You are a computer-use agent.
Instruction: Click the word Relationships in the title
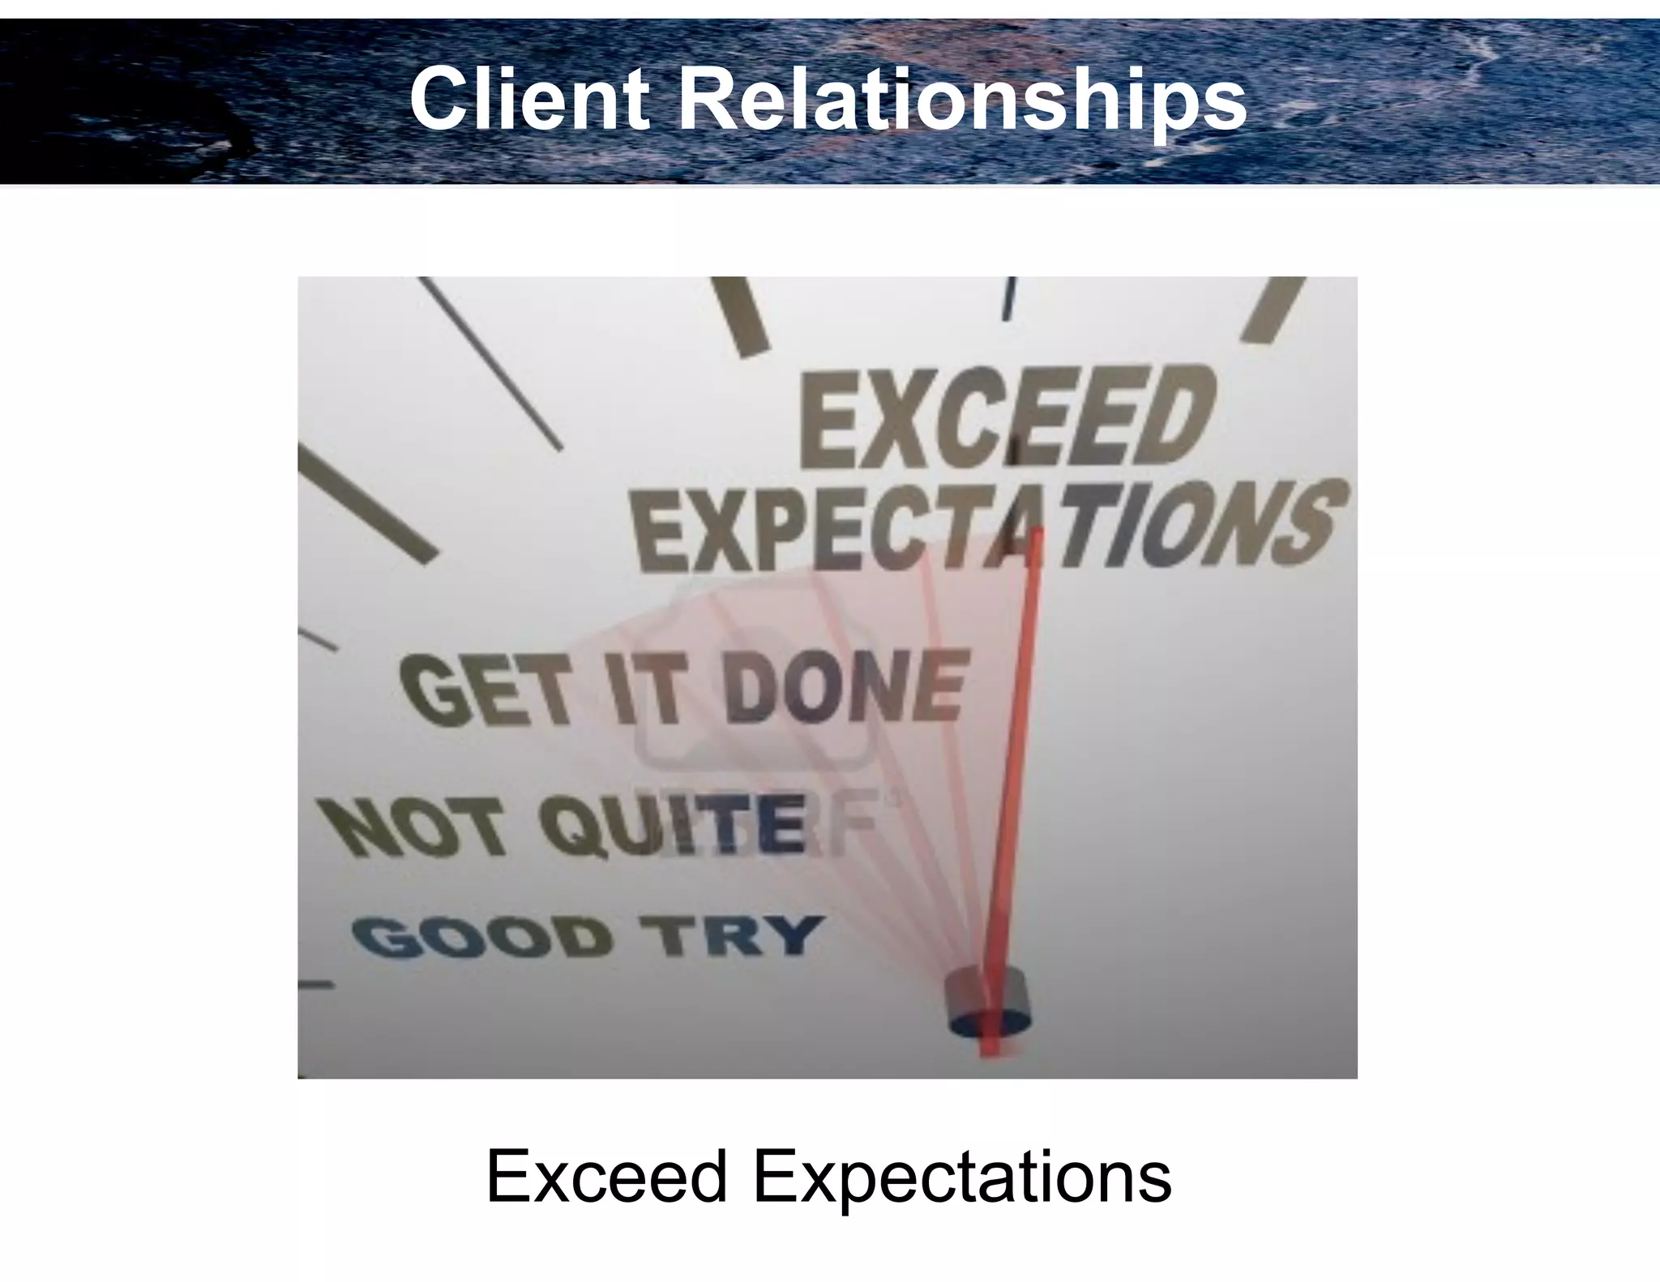pos(961,100)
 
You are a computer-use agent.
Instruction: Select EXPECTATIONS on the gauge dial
pos(989,527)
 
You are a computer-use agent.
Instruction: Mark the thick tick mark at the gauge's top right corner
pos(1276,308)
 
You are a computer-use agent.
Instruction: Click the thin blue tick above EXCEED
pos(1009,298)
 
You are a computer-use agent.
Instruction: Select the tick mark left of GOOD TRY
pos(316,985)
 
